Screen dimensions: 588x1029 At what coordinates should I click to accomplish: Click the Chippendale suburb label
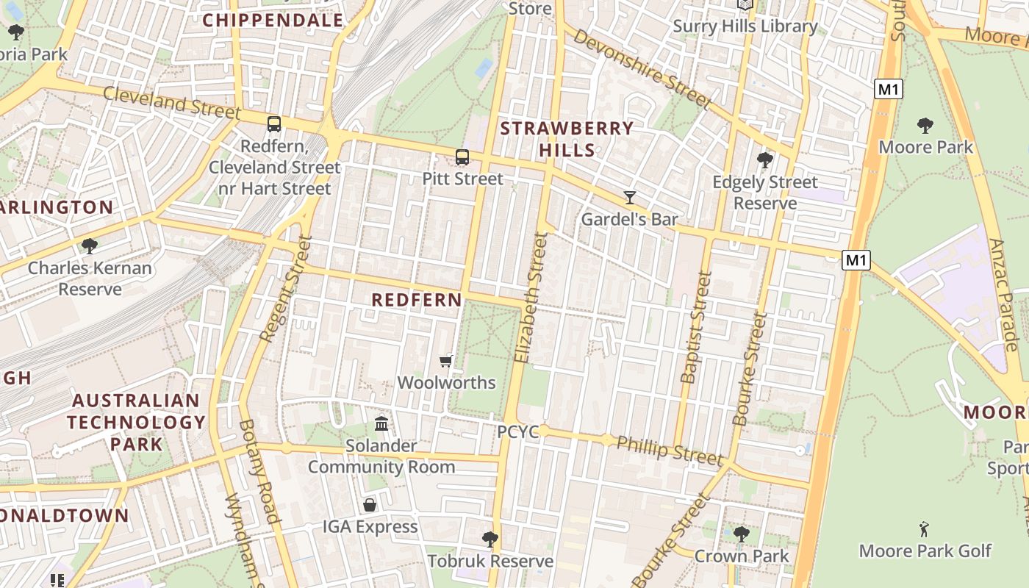point(273,21)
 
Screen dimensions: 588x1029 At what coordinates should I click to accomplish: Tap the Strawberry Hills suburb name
point(567,139)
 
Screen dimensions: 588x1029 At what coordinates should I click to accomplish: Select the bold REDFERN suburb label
point(417,300)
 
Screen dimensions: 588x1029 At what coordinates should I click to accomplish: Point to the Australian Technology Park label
point(136,422)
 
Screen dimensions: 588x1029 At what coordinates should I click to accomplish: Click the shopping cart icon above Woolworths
point(445,361)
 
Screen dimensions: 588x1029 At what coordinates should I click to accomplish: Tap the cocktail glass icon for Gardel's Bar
point(630,197)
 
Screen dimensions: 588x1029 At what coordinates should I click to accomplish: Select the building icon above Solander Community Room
point(381,423)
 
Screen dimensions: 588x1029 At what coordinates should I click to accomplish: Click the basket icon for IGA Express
point(370,505)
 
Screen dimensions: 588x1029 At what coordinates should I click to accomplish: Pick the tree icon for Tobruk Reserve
point(490,539)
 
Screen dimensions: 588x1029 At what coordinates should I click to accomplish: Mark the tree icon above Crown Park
point(741,534)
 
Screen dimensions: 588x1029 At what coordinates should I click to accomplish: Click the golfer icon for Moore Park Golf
point(924,528)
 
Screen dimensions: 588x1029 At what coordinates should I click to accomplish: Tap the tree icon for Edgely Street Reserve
point(765,159)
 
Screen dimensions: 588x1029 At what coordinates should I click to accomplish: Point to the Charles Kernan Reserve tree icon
point(90,245)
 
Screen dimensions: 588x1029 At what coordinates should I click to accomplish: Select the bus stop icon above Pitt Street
point(462,157)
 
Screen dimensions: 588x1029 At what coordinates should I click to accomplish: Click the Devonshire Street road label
point(641,68)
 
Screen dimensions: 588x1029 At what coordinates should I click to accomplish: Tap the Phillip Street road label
point(669,449)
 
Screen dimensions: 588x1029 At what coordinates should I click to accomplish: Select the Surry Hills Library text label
point(745,26)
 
